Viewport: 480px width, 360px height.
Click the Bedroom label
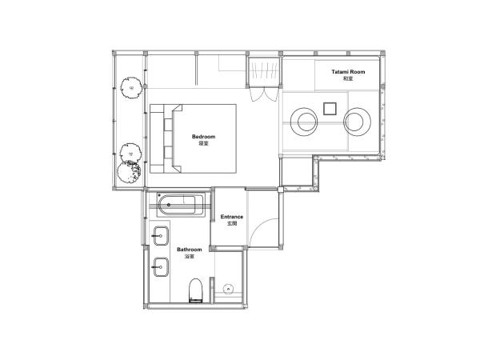coord(203,137)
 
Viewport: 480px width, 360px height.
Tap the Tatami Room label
coord(348,72)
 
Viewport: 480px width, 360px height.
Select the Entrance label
coord(232,217)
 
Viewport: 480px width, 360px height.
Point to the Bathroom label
coord(189,250)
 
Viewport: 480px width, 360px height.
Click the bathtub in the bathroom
coord(181,205)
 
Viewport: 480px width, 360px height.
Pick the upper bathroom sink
coord(161,236)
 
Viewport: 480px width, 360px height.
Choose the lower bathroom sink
coord(161,267)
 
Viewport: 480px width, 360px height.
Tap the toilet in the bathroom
coord(196,290)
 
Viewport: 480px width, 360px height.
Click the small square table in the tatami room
coord(330,109)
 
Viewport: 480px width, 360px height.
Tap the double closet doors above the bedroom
coord(265,95)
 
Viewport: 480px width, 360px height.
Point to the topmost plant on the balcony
coord(132,88)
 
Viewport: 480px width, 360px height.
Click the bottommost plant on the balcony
coord(129,172)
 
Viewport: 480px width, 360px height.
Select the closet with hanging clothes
coord(265,72)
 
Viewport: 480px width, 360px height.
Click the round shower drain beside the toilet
coord(228,289)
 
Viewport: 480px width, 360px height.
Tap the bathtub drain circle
coord(169,205)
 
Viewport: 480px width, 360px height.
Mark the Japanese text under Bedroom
coord(203,143)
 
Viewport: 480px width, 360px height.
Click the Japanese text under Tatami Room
coord(348,78)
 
